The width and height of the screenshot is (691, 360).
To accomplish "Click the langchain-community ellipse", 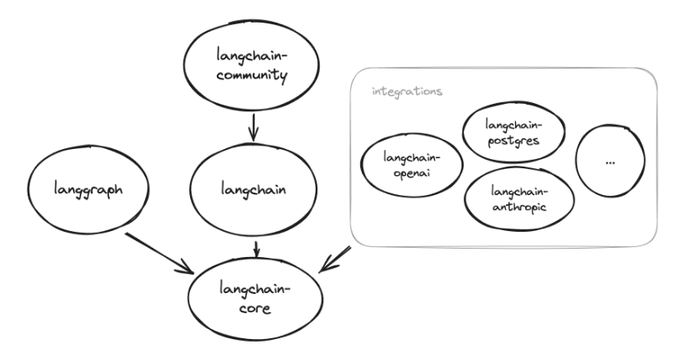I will point(250,69).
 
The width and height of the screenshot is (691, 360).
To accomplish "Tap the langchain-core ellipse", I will point(254,298).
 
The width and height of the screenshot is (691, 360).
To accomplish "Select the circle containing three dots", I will point(609,162).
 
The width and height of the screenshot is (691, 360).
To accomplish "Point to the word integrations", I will point(407,90).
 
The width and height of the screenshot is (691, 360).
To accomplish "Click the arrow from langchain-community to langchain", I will point(253,128).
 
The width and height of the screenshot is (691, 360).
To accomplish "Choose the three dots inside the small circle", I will point(609,162).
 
